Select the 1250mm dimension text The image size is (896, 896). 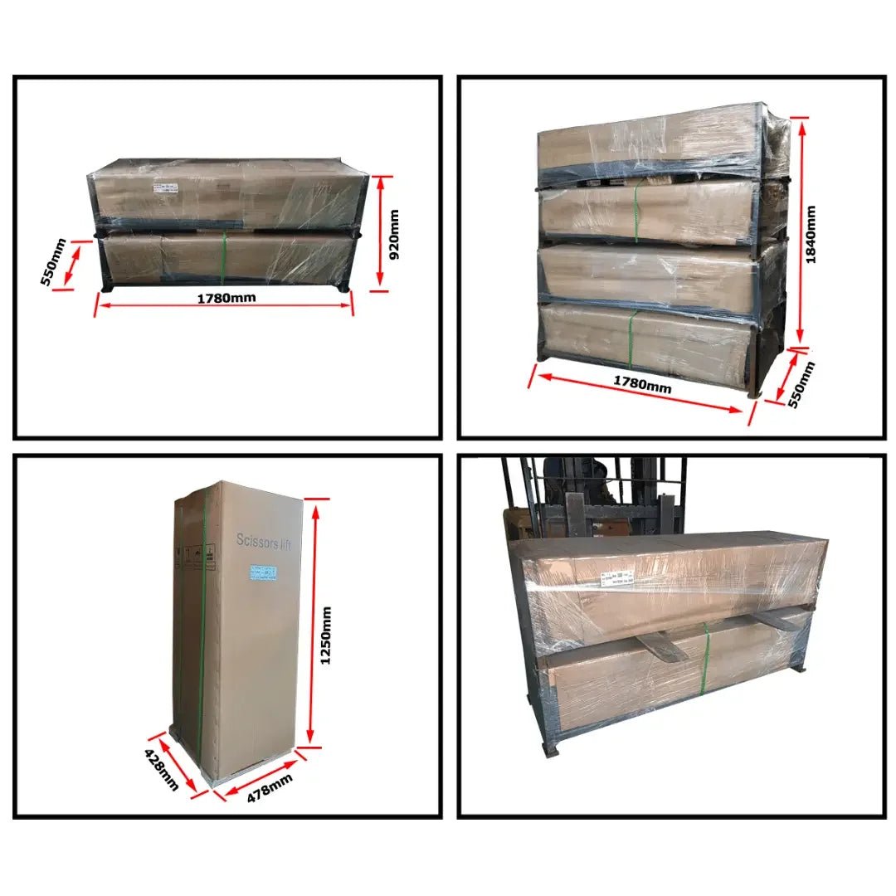(326, 635)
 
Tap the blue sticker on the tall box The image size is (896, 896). (265, 572)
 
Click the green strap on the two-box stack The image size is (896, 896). (224, 257)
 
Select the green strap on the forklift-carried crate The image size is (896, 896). (708, 660)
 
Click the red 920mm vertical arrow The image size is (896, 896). (380, 232)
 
